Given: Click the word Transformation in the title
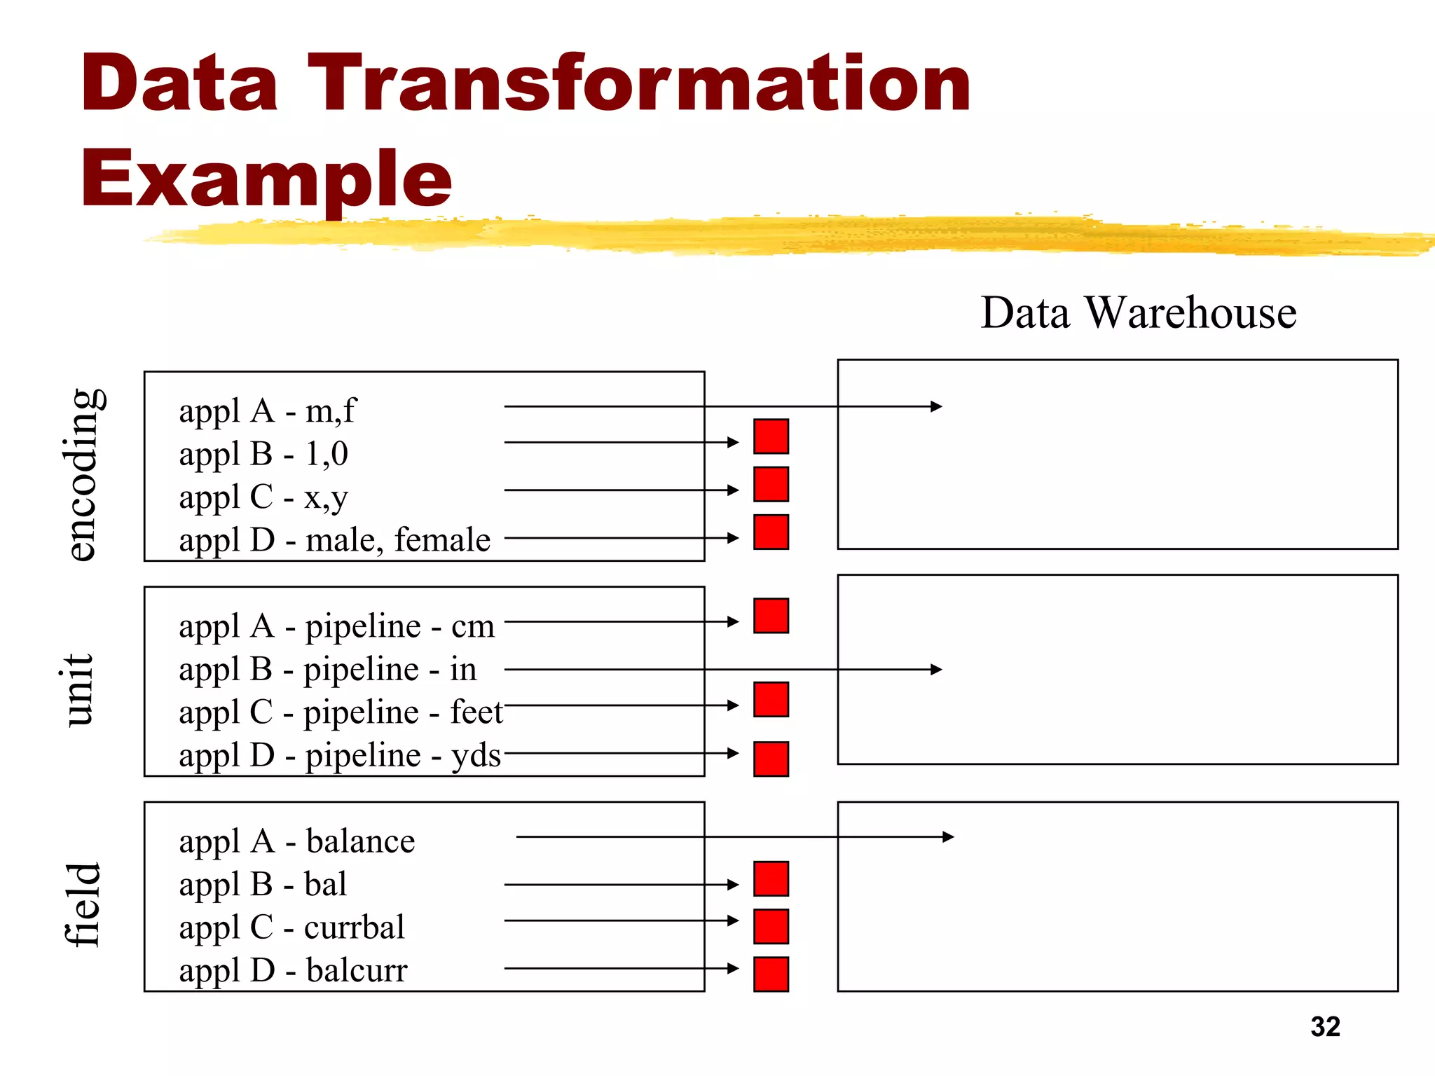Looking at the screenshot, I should click(639, 84).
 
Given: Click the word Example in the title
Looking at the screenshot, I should click(266, 179).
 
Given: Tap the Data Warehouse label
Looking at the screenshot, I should click(1138, 312).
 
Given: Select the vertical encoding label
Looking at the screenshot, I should click(83, 474).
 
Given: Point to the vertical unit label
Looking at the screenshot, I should click(78, 690).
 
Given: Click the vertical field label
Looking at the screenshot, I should click(83, 905).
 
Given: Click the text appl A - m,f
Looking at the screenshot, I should click(267, 411).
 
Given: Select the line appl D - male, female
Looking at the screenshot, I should click(334, 540).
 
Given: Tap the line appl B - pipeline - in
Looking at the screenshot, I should click(327, 669).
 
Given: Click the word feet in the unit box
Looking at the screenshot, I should click(476, 712).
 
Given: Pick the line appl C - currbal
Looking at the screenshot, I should click(291, 927).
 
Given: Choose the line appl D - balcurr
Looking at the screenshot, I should click(293, 971).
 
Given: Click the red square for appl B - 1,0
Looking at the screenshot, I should click(771, 436).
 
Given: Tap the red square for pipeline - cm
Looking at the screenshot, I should click(771, 616).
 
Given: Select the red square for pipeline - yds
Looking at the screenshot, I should click(771, 759).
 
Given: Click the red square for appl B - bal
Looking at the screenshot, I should click(771, 878).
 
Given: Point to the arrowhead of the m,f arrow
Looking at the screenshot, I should click(936, 406).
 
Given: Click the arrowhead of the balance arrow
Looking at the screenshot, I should click(948, 836).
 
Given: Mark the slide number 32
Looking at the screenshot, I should click(1324, 1027).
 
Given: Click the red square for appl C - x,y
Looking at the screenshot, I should click(771, 484).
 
